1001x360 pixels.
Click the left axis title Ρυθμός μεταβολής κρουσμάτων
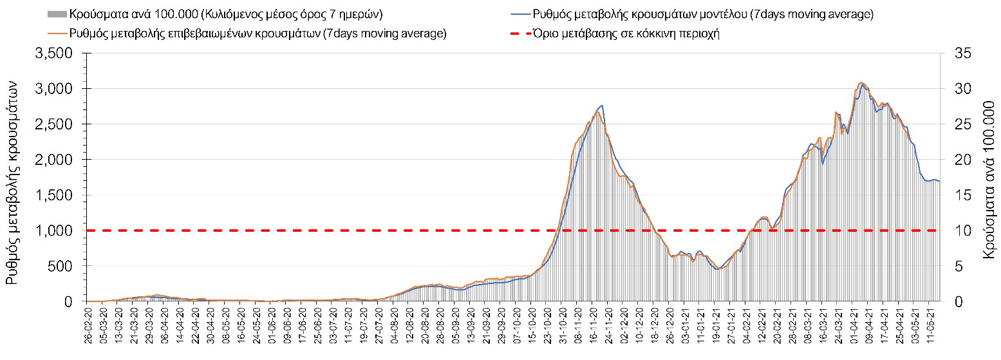tap(14, 177)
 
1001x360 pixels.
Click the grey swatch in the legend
tap(57, 14)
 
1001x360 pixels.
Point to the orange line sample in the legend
tap(57, 33)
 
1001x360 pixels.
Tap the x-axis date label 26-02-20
tap(89, 326)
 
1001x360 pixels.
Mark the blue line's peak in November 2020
tap(602, 106)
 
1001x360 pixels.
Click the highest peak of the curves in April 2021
tap(861, 83)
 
